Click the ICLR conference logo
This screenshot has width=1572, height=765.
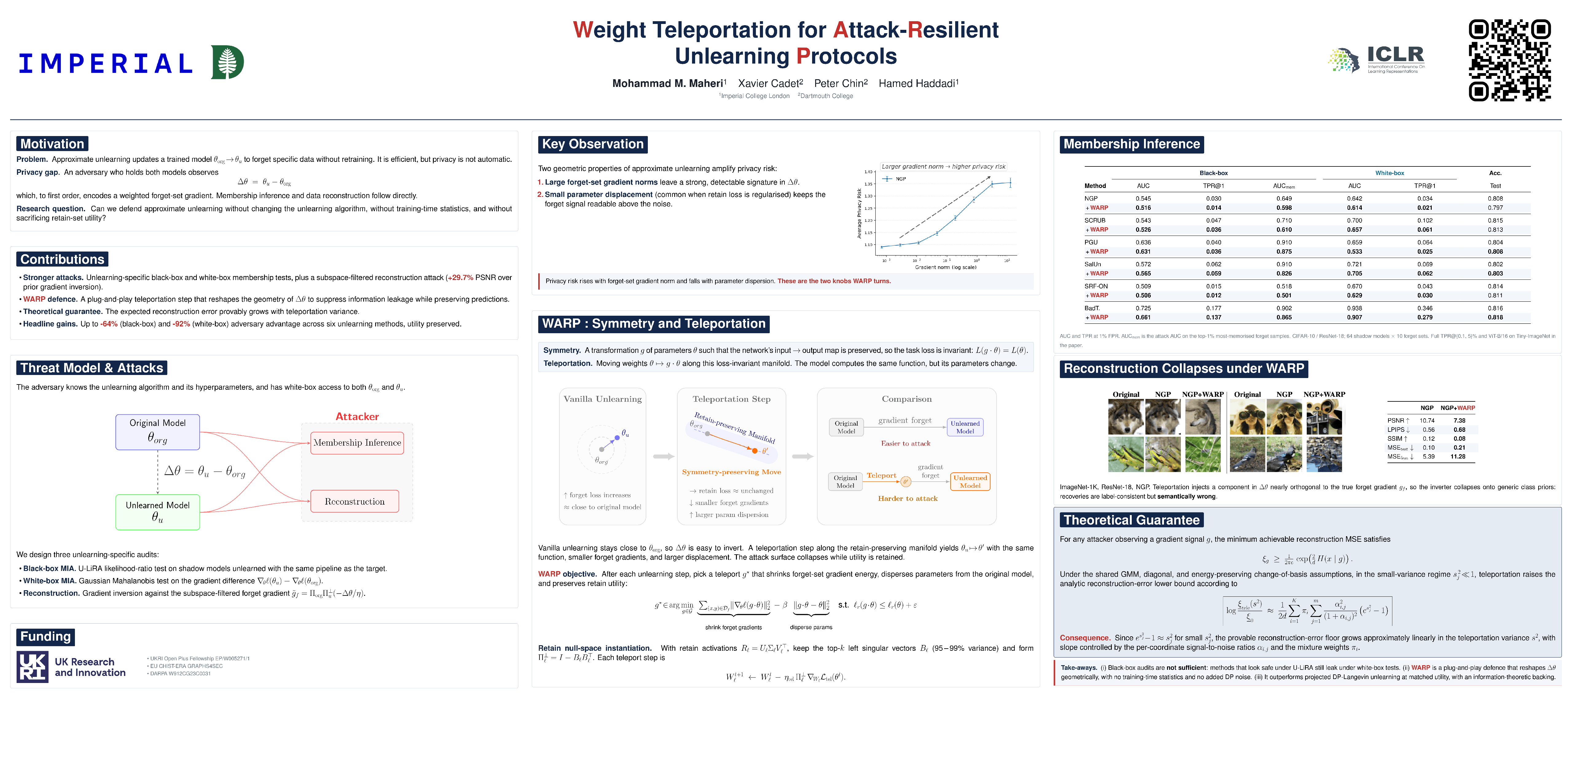click(x=1377, y=60)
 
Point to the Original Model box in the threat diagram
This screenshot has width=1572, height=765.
click(x=158, y=432)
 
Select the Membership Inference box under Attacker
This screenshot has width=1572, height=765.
click(x=357, y=443)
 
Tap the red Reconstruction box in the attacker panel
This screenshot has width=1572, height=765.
click(x=355, y=501)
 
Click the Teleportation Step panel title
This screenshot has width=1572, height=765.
click(x=731, y=399)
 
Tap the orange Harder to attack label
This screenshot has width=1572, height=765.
click(x=908, y=498)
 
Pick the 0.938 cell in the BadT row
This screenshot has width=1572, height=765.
click(x=1354, y=308)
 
